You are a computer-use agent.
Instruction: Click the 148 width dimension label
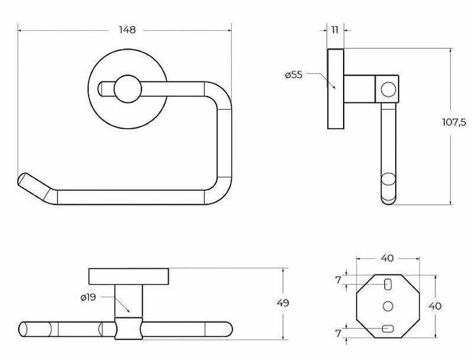pyautogui.click(x=127, y=30)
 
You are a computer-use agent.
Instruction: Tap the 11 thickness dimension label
pyautogui.click(x=335, y=30)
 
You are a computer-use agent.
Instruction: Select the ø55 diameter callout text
pyautogui.click(x=293, y=75)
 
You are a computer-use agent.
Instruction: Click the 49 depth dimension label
pyautogui.click(x=283, y=303)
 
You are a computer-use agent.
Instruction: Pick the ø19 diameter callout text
pyautogui.click(x=88, y=298)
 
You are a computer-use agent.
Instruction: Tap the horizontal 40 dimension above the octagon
pyautogui.click(x=387, y=258)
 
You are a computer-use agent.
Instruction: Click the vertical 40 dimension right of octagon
pyautogui.click(x=435, y=306)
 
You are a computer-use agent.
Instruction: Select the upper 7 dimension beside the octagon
pyautogui.click(x=338, y=280)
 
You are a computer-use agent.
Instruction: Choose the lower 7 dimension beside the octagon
pyautogui.click(x=338, y=333)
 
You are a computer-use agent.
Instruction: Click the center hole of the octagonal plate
pyautogui.click(x=388, y=306)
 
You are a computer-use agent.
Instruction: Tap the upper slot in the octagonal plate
pyautogui.click(x=388, y=284)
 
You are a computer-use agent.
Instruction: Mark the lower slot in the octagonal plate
pyautogui.click(x=388, y=329)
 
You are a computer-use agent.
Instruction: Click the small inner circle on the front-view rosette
pyautogui.click(x=128, y=89)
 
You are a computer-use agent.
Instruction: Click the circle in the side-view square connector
pyautogui.click(x=388, y=89)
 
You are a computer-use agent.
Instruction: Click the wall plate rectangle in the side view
pyautogui.click(x=335, y=89)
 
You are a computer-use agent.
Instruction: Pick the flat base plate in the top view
pyautogui.click(x=128, y=277)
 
